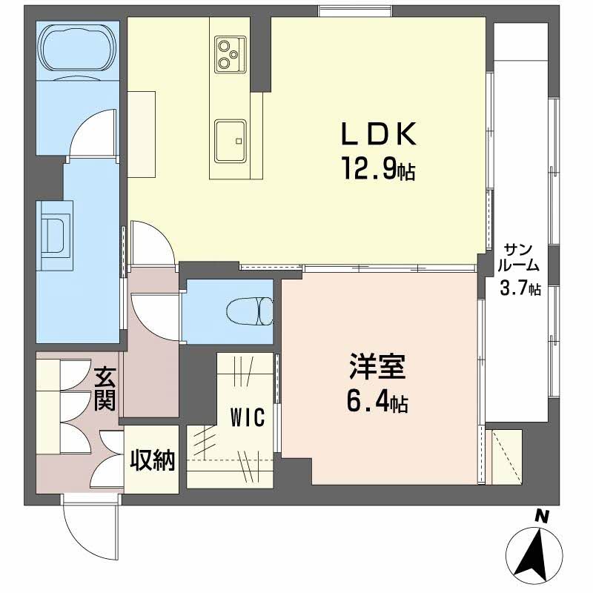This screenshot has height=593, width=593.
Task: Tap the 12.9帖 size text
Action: tap(378, 171)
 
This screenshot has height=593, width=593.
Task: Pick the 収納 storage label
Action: tap(153, 461)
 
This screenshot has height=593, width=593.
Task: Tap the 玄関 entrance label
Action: tap(102, 391)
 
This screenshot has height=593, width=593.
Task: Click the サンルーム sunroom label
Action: tap(520, 256)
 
